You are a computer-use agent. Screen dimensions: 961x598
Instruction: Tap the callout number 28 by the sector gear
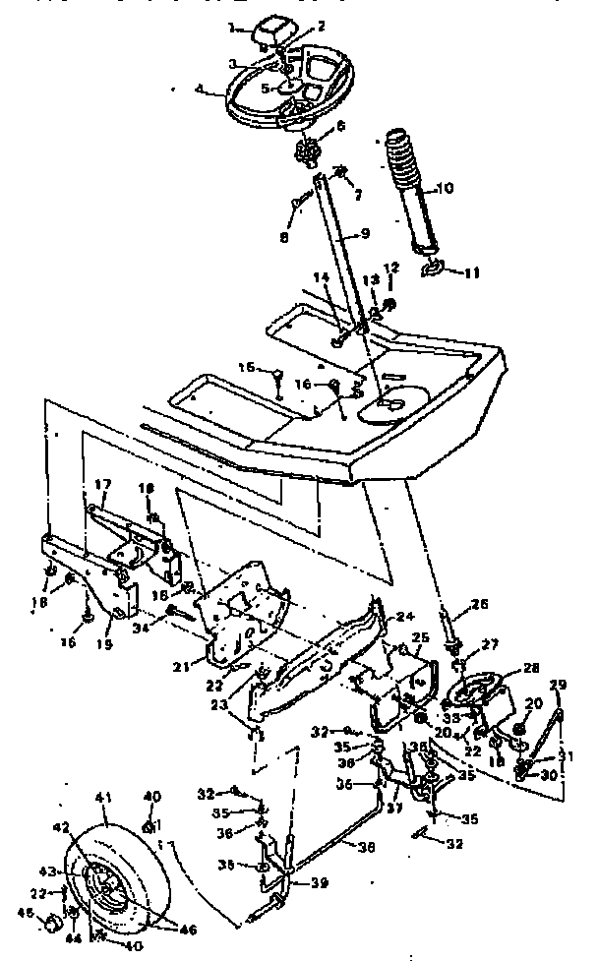pyautogui.click(x=531, y=668)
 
